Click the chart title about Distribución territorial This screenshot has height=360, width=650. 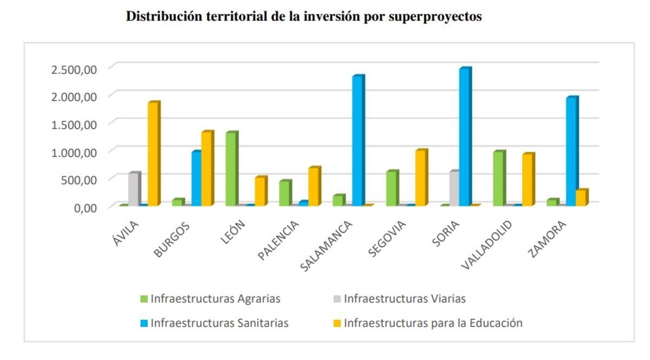[303, 17]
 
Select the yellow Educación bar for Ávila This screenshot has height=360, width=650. [153, 154]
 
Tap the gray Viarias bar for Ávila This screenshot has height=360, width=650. [134, 189]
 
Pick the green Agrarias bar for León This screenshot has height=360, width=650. [232, 169]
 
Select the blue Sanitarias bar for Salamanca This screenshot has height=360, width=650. [357, 141]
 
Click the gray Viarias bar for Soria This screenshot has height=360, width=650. [453, 188]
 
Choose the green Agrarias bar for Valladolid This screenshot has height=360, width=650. [498, 179]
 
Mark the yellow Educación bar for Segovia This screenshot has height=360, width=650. [421, 178]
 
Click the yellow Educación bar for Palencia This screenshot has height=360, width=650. [314, 187]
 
